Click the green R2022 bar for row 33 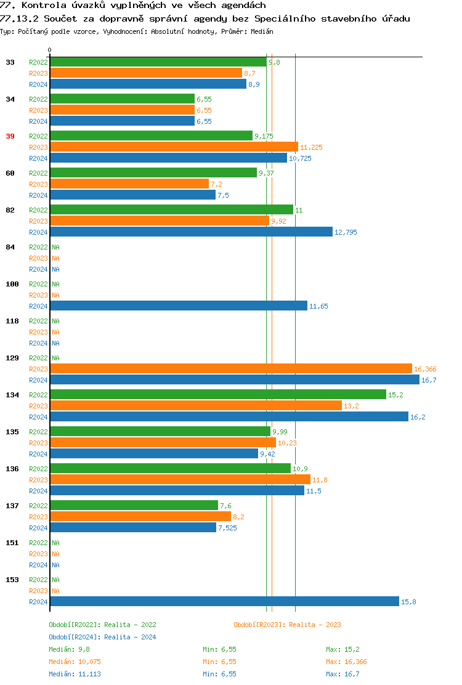click(158, 62)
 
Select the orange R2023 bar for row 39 click(174, 147)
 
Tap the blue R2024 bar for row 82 click(191, 232)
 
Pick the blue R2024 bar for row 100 click(179, 306)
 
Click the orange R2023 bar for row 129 click(231, 369)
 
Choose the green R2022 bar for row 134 click(218, 395)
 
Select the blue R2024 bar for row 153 click(225, 602)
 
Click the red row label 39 click(10, 136)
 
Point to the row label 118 click(12, 321)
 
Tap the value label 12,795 click(346, 233)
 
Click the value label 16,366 click(425, 370)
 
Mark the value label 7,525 click(227, 529)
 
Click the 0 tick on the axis click(50, 51)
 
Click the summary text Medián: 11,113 click(71, 674)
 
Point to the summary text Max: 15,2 click(342, 649)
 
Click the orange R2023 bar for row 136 click(180, 480)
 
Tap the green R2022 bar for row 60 click(153, 173)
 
